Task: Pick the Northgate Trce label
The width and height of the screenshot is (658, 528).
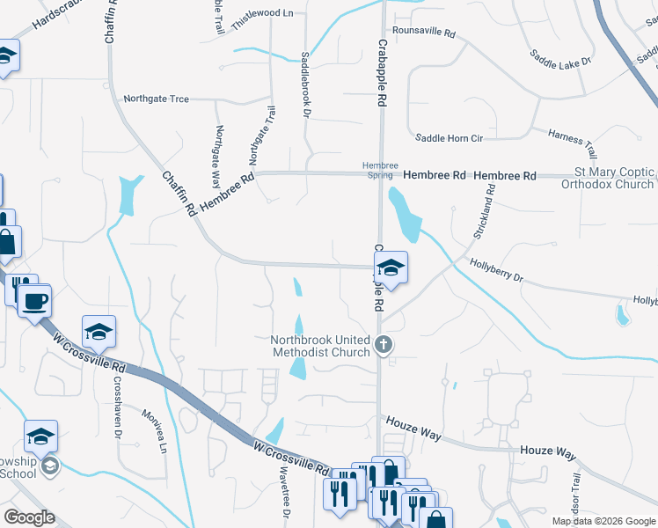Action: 156,99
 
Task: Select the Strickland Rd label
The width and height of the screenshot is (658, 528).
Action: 486,211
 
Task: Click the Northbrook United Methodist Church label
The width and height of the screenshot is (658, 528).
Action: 320,346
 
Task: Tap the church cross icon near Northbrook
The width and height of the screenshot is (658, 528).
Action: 382,345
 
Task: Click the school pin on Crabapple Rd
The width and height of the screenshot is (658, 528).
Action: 391,268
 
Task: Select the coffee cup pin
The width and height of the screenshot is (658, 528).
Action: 34,301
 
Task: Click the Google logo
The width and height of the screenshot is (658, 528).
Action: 29,517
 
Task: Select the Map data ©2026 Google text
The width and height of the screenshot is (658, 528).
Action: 603,521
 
